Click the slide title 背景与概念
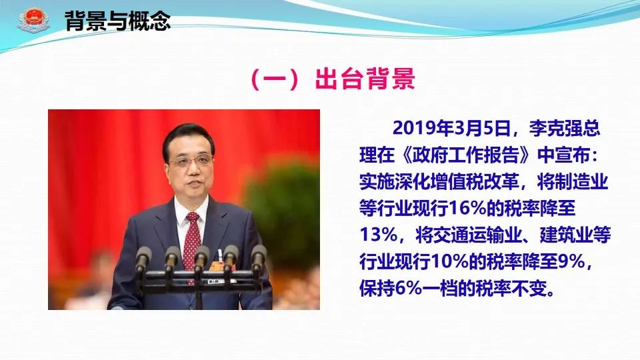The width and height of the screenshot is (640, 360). click(117, 21)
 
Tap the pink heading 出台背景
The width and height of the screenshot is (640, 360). click(365, 79)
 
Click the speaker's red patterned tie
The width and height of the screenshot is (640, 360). click(191, 241)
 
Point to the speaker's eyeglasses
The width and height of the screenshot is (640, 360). click(189, 161)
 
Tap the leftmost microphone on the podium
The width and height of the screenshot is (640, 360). click(143, 259)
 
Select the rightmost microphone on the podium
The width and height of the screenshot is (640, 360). click(258, 257)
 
